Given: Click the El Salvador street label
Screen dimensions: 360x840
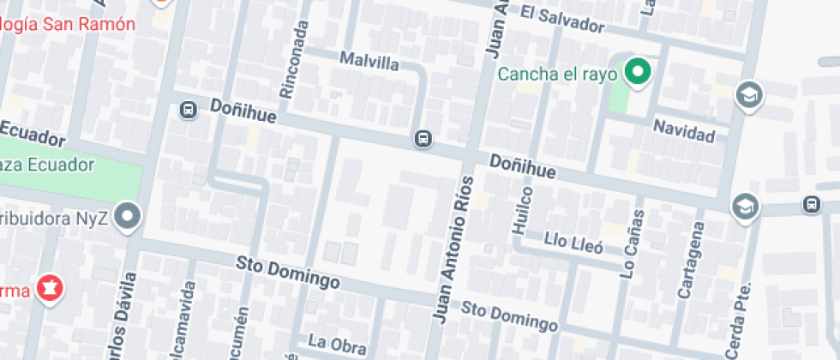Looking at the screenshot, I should coord(561,19).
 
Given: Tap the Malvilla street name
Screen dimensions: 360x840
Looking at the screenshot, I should coord(369,61).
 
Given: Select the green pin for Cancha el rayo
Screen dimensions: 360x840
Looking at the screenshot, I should coord(637,72).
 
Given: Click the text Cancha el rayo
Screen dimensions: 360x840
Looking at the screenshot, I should coord(558,74).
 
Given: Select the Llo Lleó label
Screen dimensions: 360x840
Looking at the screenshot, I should coord(573,243).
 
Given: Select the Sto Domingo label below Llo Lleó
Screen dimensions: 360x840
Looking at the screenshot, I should coord(509,315).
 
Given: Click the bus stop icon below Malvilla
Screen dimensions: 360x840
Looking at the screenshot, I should coord(423,139).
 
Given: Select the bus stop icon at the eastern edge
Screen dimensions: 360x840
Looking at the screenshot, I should coord(811,204).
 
